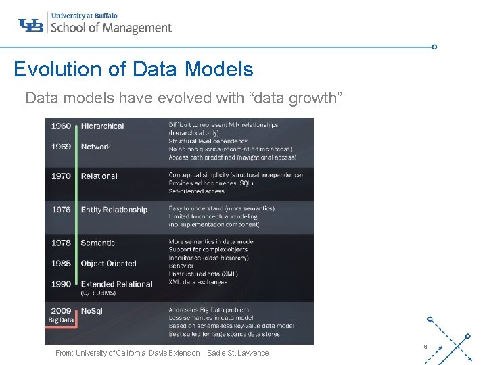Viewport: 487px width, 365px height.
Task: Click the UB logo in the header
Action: click(x=31, y=25)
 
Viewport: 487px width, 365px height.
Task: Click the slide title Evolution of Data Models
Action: click(x=133, y=69)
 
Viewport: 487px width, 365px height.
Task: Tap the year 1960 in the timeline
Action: click(x=61, y=126)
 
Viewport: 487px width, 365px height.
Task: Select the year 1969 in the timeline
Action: click(x=61, y=147)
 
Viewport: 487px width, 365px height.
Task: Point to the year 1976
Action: click(x=61, y=210)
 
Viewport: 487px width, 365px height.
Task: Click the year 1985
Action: click(x=61, y=264)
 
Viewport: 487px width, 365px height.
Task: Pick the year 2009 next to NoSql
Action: click(x=61, y=310)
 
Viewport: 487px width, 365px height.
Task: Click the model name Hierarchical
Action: click(x=102, y=126)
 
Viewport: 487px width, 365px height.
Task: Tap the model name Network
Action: click(x=96, y=147)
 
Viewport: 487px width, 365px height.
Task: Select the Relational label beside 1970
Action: click(x=99, y=176)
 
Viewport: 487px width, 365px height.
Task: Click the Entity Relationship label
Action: click(x=114, y=210)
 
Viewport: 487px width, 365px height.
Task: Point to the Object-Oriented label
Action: click(x=108, y=264)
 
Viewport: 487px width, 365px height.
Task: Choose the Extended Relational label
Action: click(x=116, y=284)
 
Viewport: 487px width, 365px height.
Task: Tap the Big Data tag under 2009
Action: click(x=60, y=320)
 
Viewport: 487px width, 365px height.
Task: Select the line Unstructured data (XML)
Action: click(x=203, y=274)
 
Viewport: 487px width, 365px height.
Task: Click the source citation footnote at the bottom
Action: click(x=162, y=353)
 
